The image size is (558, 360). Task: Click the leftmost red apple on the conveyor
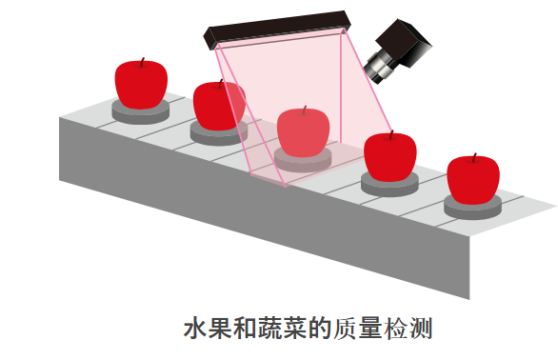[141, 84]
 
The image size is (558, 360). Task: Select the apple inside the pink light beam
[303, 132]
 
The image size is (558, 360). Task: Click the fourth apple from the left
[390, 157]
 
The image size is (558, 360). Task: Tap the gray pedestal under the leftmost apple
[141, 111]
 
